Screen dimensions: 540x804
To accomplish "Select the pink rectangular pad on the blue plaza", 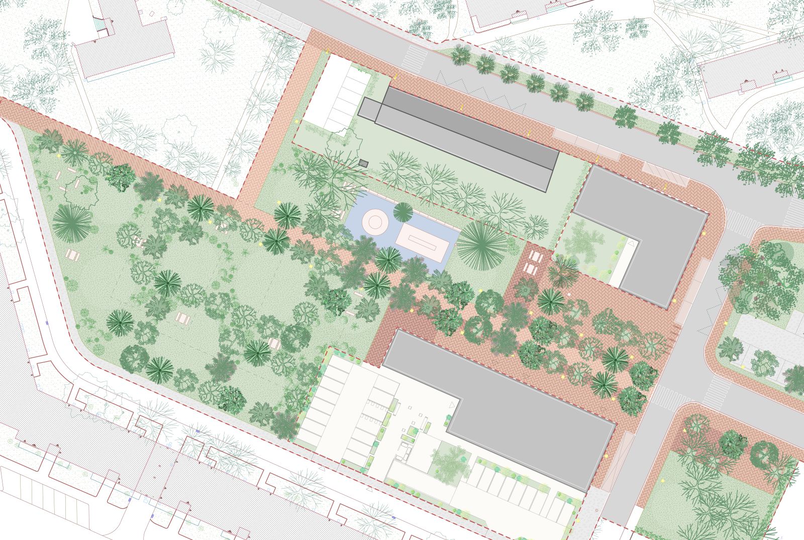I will [422, 244].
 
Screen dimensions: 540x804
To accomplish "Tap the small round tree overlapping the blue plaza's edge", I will [403, 212].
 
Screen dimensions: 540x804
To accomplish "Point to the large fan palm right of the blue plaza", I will [482, 246].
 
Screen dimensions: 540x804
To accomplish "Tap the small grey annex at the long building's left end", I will [369, 109].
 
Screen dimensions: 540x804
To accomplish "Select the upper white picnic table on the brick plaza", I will [536, 257].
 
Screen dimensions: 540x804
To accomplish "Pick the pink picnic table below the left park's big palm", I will [73, 256].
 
